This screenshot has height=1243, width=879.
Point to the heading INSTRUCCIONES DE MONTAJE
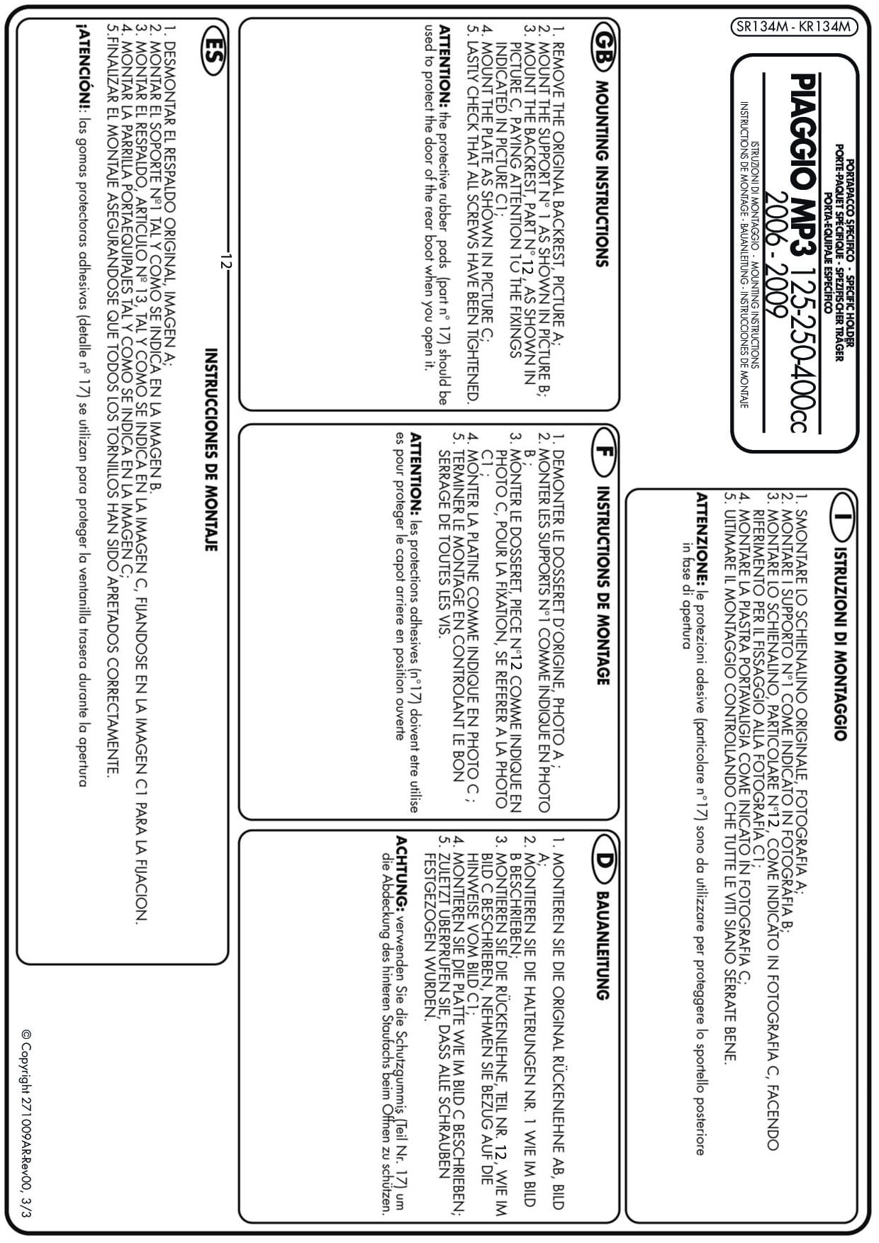coord(211,449)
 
